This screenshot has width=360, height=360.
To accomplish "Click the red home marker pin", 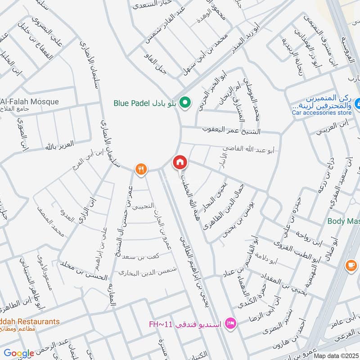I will pos(180,162).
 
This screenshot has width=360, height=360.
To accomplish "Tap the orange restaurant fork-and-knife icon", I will pos(141,169).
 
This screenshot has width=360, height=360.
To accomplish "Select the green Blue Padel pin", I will pos(184,103).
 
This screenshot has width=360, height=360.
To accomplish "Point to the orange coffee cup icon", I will pos(350,266).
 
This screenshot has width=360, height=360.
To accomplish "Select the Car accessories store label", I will pos(321,112).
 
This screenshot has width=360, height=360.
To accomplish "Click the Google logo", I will pos(19,354).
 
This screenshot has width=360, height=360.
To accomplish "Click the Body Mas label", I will pos(343,221).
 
